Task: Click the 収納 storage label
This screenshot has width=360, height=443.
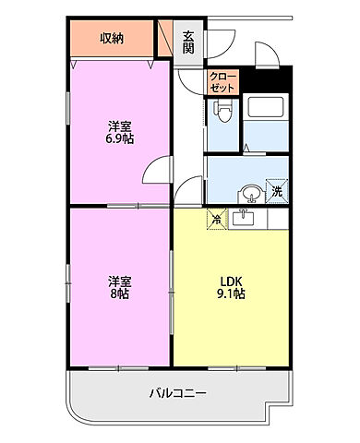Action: pyautogui.click(x=112, y=38)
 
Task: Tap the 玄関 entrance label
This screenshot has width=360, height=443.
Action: pyautogui.click(x=188, y=42)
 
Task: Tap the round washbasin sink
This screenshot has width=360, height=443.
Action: pyautogui.click(x=248, y=193)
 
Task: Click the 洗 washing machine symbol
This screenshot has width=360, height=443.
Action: pyautogui.click(x=276, y=191)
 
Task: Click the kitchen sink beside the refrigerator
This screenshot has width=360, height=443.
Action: pyautogui.click(x=244, y=218)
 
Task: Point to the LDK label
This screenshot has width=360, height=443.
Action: pyautogui.click(x=230, y=281)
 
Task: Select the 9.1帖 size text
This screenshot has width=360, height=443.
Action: pyautogui.click(x=230, y=293)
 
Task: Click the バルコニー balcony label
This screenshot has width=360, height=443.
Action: pyautogui.click(x=177, y=394)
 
